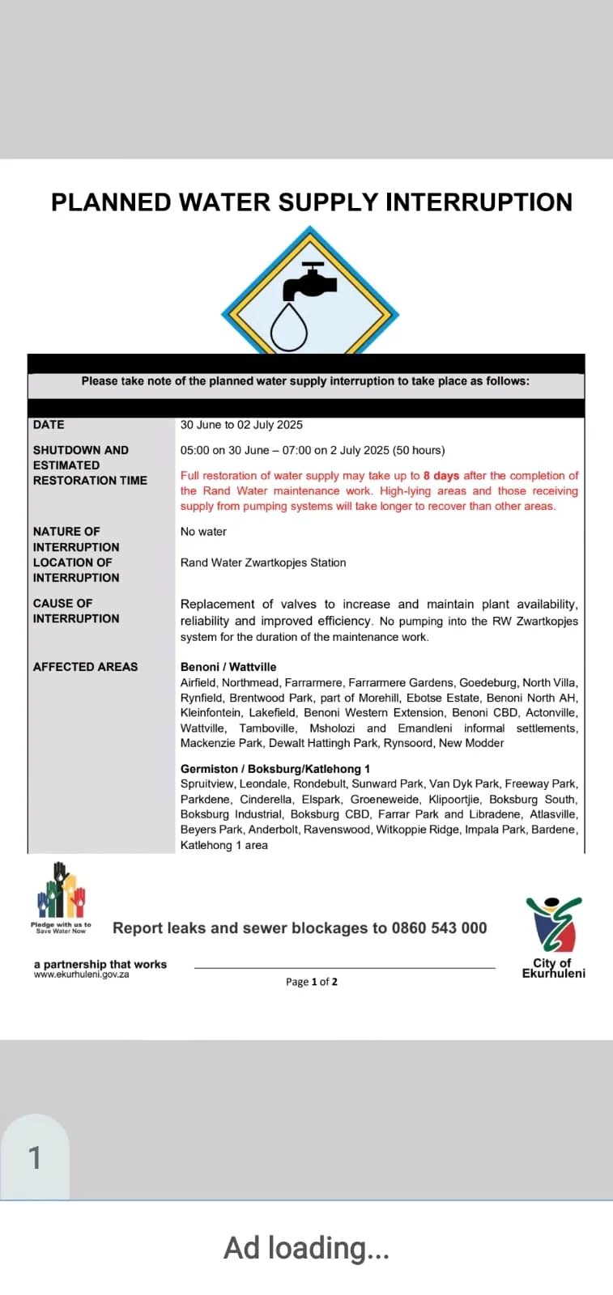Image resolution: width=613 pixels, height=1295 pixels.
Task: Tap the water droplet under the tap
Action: (288, 327)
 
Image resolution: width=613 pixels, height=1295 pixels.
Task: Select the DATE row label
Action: (49, 425)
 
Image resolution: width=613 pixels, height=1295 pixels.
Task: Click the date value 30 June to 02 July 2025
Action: (241, 425)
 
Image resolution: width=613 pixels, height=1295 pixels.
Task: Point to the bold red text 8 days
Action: (441, 476)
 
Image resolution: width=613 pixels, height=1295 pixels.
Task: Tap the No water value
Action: (203, 532)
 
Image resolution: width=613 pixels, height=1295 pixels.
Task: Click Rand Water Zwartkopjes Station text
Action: (263, 563)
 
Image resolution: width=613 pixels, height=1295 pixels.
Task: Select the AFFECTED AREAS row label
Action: (85, 667)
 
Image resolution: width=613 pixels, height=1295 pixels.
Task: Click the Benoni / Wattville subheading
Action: (228, 667)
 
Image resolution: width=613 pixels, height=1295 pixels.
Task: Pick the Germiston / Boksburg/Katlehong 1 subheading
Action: (275, 769)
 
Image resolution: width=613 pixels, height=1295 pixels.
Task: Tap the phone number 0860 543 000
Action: (439, 928)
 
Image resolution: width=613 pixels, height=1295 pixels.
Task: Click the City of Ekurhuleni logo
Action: (554, 935)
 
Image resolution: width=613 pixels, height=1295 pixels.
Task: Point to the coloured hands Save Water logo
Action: (61, 894)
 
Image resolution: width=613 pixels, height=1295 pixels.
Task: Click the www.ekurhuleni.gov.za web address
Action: (81, 974)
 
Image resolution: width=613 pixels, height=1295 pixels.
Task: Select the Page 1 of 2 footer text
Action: (312, 982)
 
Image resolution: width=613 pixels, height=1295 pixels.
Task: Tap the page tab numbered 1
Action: (35, 1157)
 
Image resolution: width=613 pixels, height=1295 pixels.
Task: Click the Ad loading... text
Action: (306, 1248)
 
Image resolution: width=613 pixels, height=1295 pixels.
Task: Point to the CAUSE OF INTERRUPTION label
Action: (75, 611)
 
